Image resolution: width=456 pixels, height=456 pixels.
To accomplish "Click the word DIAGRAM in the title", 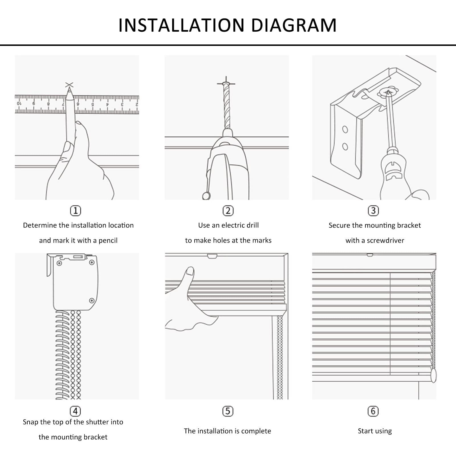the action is click(x=294, y=25).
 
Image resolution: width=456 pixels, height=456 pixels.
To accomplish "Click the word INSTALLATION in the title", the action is click(x=182, y=25).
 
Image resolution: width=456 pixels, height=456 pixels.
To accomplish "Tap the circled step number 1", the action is click(x=76, y=211).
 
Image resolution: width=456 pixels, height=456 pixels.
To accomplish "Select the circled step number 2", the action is click(x=228, y=211).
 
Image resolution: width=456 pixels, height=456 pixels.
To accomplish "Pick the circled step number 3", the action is click(x=373, y=211).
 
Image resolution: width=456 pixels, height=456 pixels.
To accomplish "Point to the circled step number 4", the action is click(x=76, y=411).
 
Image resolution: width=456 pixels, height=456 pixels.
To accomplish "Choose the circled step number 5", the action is click(x=228, y=411).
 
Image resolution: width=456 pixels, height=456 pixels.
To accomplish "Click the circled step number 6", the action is click(x=373, y=411).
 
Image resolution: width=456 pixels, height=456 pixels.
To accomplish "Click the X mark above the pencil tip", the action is click(x=69, y=85).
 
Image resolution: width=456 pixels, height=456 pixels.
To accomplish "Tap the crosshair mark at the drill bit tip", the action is click(x=226, y=84).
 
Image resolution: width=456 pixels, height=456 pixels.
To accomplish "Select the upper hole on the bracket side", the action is click(x=345, y=130).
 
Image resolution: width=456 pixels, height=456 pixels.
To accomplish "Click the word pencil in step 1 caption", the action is click(x=108, y=241).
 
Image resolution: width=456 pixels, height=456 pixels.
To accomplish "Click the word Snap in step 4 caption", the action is click(x=30, y=422).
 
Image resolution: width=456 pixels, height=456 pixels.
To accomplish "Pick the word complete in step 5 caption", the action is click(x=256, y=431).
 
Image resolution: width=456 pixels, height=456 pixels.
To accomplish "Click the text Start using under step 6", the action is click(x=375, y=431).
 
